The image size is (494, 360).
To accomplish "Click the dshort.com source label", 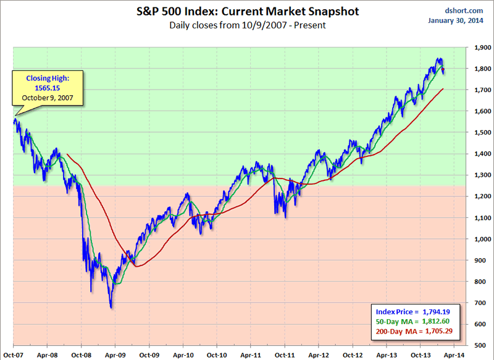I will tap(459, 10).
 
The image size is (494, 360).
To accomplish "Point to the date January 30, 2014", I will tap(454, 20).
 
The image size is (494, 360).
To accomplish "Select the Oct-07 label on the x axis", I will tap(13, 354).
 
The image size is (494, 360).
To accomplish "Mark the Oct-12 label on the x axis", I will tap(353, 354).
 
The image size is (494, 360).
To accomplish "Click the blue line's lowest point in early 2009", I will tap(111, 308).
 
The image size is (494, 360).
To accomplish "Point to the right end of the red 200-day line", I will tap(443, 89).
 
